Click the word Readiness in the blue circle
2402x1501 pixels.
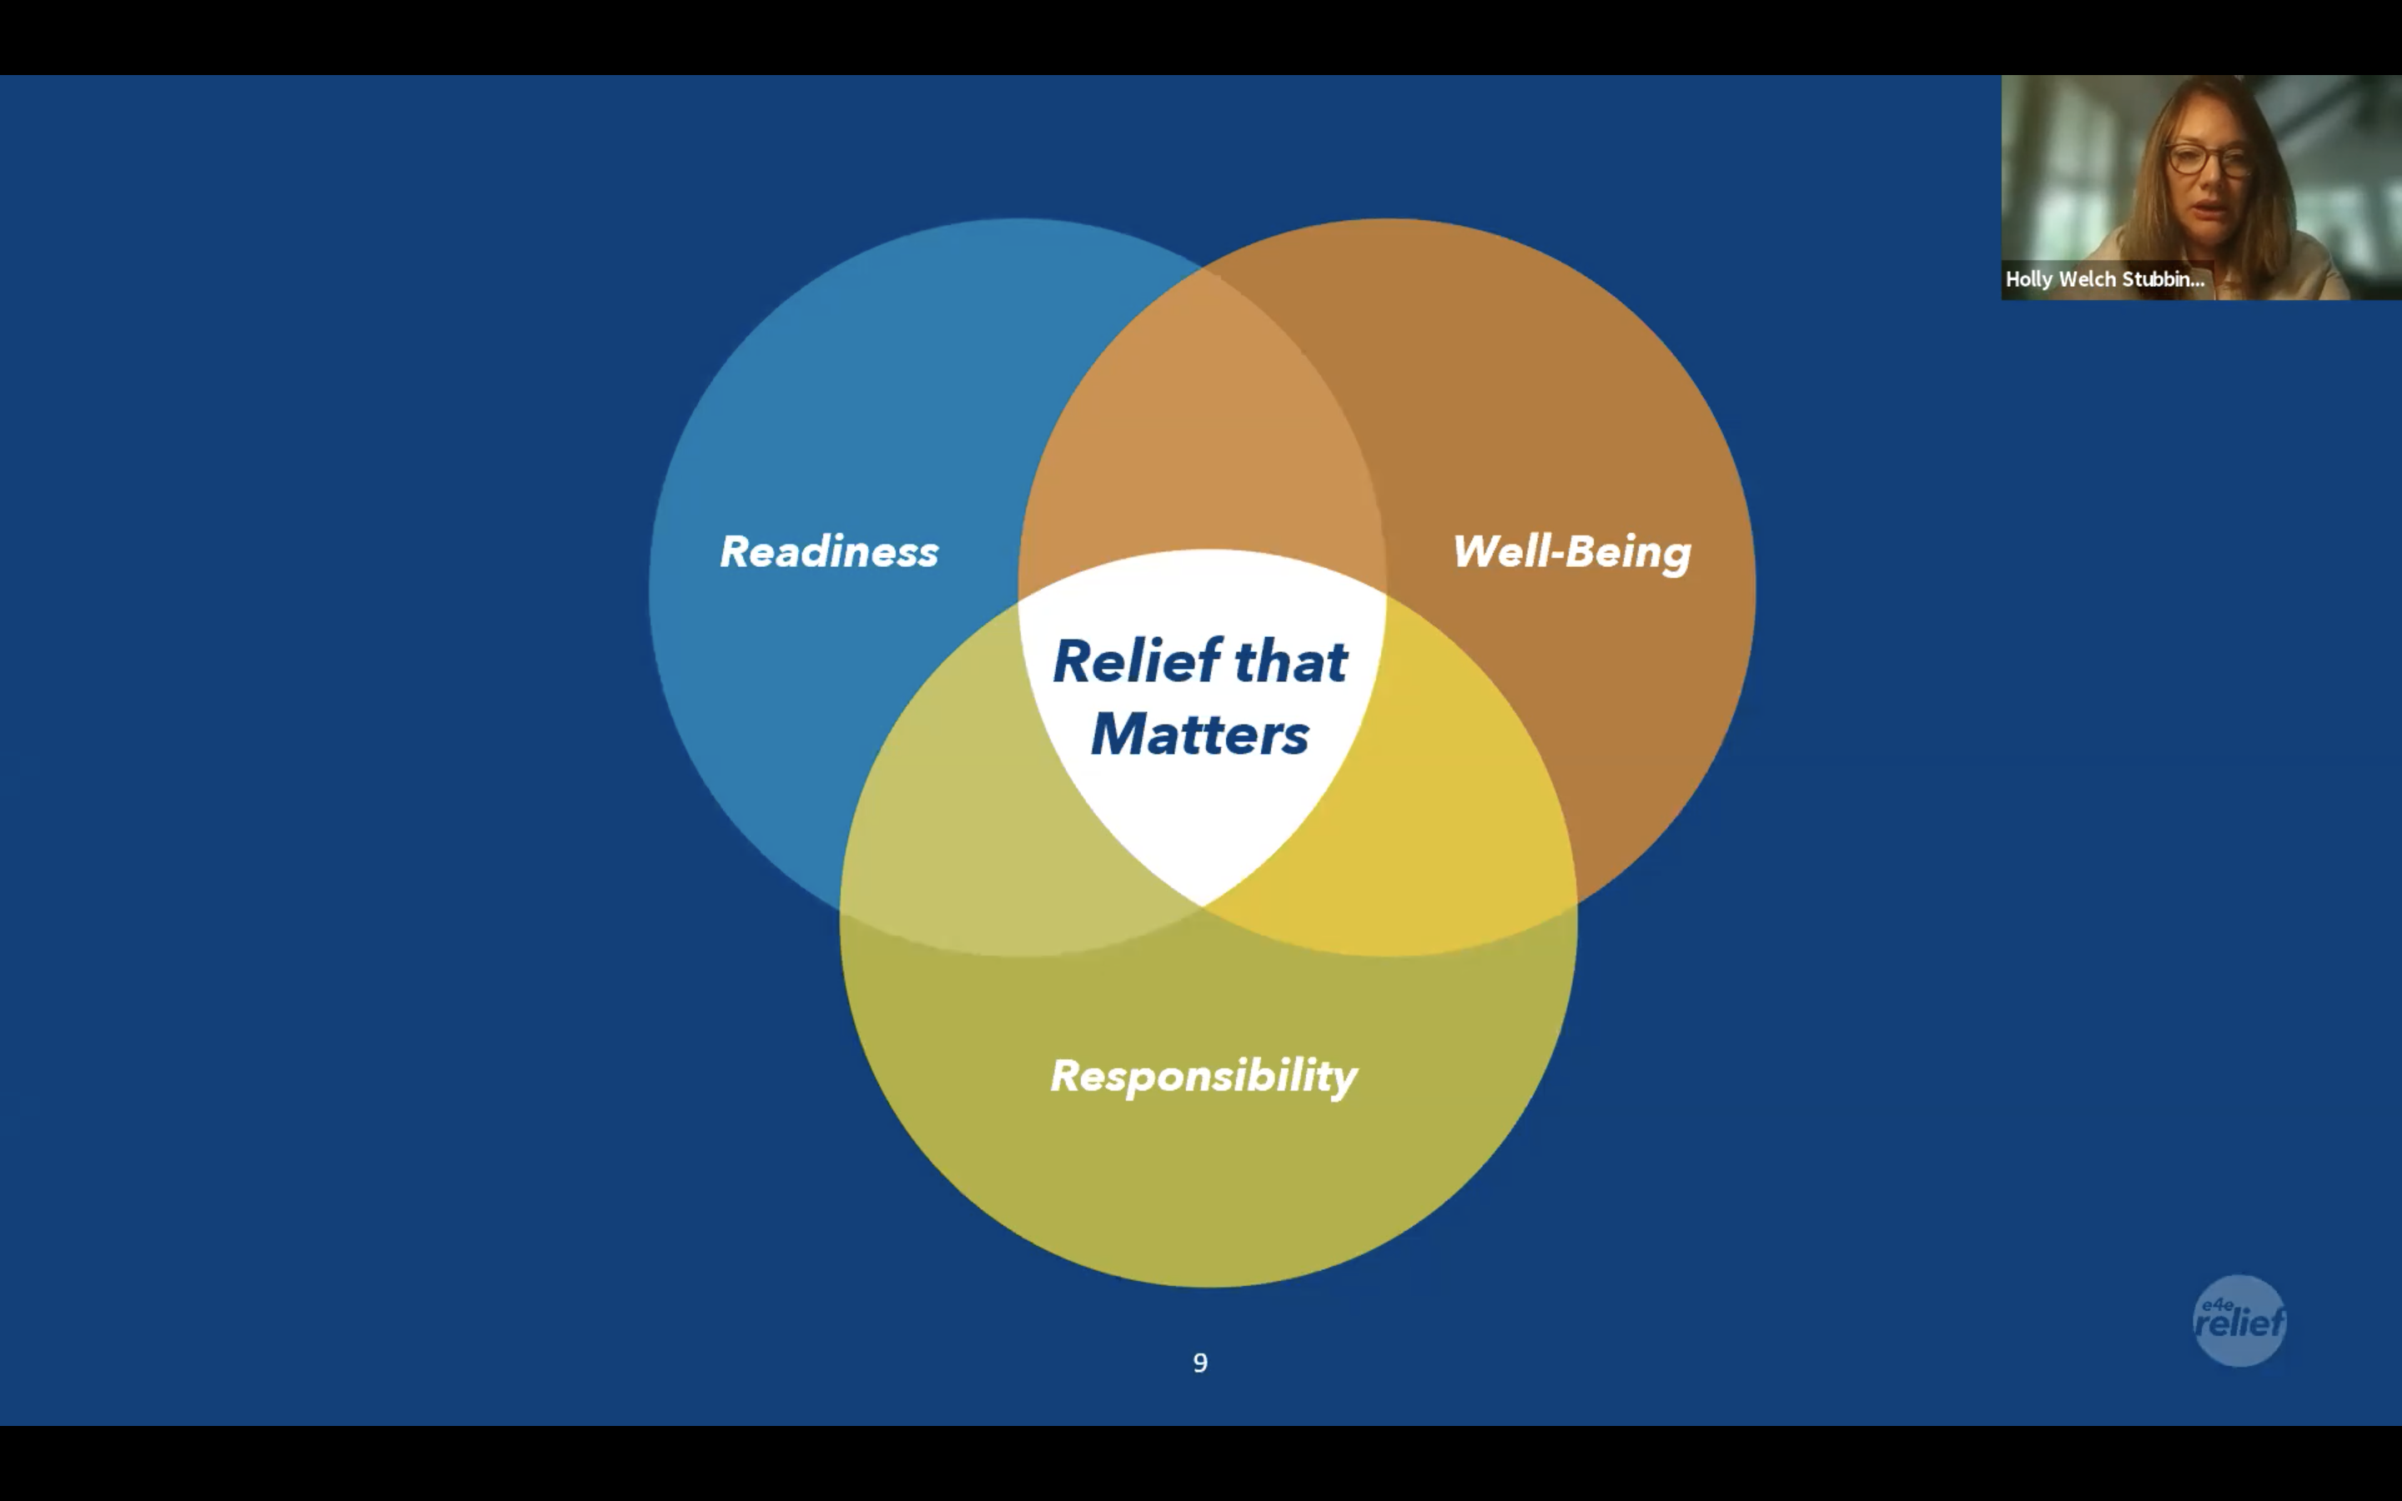point(829,552)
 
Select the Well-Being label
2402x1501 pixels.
point(1571,552)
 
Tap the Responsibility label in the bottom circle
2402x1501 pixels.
point(1203,1076)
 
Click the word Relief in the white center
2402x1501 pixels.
point(1137,661)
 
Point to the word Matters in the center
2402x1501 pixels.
point(1200,735)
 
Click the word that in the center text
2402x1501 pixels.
point(1290,661)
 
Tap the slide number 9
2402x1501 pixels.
point(1200,1363)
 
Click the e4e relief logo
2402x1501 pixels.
point(2239,1320)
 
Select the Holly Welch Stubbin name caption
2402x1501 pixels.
point(2104,279)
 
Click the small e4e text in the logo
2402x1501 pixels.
point(2216,1304)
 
